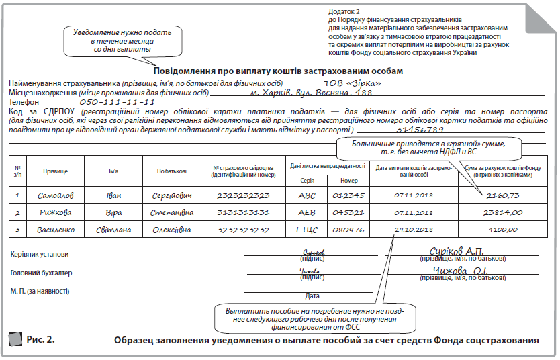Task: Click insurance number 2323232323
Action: coord(243,195)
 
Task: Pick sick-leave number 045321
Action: coord(348,212)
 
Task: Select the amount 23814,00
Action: coord(504,212)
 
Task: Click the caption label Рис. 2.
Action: coord(40,338)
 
